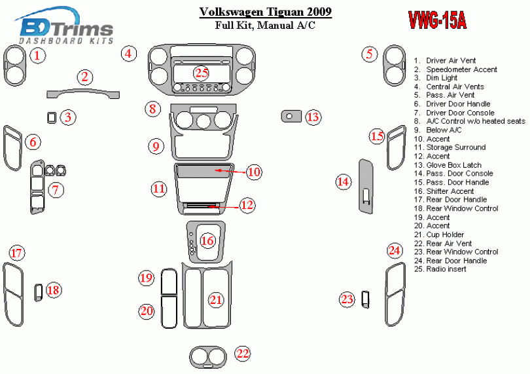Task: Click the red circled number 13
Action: coord(314,117)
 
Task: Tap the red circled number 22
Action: coord(243,354)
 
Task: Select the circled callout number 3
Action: coord(67,117)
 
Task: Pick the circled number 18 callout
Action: coord(54,290)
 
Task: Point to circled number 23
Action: coord(347,299)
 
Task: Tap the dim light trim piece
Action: coord(51,117)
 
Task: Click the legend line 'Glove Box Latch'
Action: coord(453,165)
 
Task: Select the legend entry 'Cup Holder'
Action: coord(445,234)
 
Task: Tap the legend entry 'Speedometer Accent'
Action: coord(461,69)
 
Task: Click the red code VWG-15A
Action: coord(438,21)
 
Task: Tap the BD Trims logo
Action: coord(65,29)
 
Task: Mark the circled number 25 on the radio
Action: coord(201,73)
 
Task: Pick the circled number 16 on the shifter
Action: coord(207,241)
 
